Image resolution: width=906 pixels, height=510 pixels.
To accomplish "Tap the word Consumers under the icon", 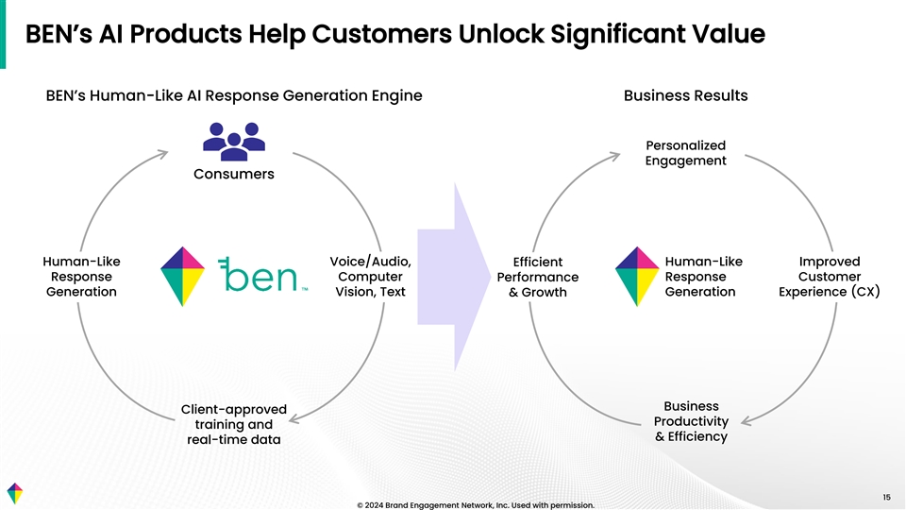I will pos(234,174).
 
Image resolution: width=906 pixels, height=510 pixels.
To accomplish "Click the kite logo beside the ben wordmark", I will pos(184,276).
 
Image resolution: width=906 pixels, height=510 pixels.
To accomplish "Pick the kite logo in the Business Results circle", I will pos(637,276).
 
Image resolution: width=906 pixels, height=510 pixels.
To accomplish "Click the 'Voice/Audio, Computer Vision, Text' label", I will pos(370,277).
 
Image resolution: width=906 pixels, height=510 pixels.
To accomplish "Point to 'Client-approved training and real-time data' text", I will pos(233,424).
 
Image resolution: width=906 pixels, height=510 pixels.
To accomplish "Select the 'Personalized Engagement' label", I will pos(685,153).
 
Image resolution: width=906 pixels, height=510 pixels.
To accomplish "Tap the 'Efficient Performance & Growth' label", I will pos(537,277).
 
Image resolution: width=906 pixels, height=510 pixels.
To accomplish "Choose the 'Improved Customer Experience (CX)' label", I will pos(829,277).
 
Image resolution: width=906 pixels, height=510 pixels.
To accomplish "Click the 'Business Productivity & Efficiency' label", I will pos(691,421).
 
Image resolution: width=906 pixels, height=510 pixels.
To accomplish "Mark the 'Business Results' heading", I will pos(685,95).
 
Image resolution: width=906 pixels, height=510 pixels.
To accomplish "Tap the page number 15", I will pos(886,497).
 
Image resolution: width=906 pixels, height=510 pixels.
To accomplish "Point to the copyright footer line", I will pos(476,504).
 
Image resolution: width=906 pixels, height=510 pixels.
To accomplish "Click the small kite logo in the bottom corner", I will pos(13,493).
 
